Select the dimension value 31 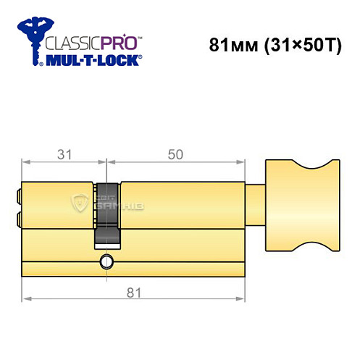64,153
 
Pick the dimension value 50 176,153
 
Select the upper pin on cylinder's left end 19,194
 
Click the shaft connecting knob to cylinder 259,205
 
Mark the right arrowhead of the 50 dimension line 246,161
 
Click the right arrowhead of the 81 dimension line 247,298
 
